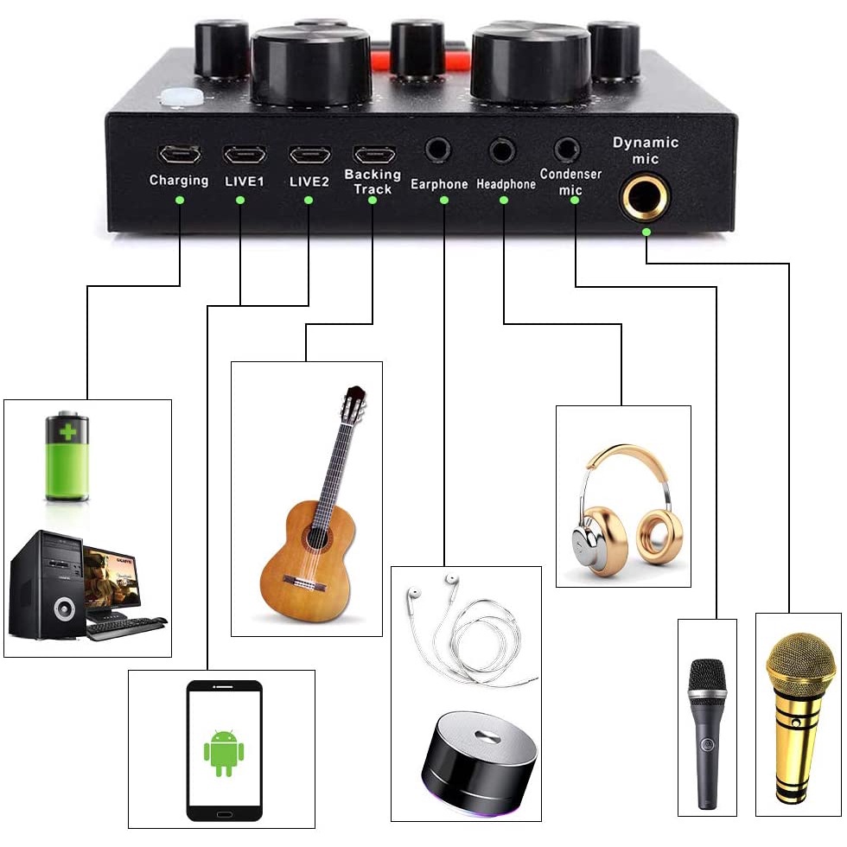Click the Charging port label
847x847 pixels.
(179, 181)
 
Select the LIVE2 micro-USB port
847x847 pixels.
(309, 156)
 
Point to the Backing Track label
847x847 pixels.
(373, 181)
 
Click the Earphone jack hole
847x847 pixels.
(439, 150)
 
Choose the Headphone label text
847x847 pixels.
(506, 184)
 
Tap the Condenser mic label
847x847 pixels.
(570, 181)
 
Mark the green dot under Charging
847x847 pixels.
(179, 200)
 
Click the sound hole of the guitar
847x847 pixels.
(312, 538)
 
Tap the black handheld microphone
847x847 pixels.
(708, 726)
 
